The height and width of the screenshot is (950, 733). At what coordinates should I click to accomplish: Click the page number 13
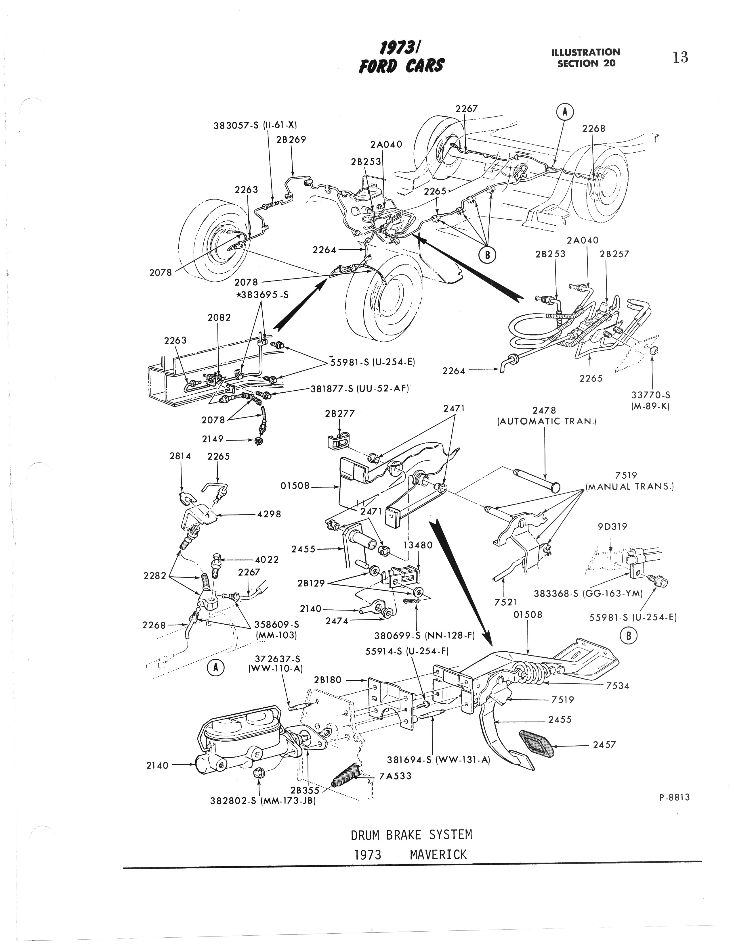[680, 57]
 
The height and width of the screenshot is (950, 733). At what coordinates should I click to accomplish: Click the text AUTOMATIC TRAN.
[546, 421]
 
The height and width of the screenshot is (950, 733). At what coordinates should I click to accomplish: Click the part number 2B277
[339, 414]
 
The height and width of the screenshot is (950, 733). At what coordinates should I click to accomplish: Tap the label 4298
[269, 514]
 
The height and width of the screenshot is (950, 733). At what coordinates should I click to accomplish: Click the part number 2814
[180, 456]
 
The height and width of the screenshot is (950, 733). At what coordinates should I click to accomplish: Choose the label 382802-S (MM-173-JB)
[262, 800]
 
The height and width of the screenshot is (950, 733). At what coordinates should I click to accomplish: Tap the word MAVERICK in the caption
[438, 855]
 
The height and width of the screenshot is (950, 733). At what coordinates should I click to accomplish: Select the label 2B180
[329, 680]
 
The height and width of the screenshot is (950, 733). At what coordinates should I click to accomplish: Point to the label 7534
[618, 686]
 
